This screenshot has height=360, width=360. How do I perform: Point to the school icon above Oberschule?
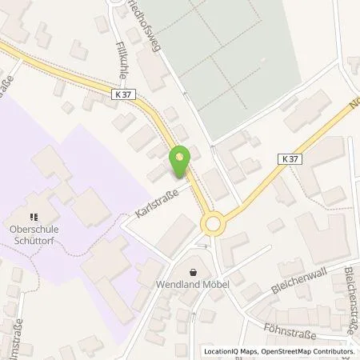(34, 216)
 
